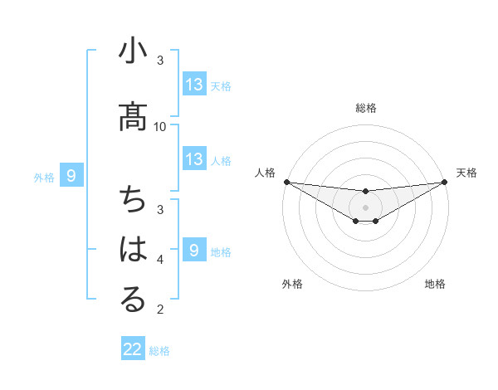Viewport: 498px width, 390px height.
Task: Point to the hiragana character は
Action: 134,250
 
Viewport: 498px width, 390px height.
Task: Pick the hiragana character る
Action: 134,300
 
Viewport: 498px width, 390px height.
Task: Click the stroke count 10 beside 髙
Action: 160,126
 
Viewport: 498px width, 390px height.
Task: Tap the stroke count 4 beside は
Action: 160,260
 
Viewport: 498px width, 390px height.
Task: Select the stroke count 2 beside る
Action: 160,310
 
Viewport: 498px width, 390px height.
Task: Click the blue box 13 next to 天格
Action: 194,85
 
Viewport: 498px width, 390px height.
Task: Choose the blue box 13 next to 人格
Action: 194,159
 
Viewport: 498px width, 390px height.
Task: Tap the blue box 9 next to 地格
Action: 194,251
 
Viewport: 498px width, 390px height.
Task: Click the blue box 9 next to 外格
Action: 71,176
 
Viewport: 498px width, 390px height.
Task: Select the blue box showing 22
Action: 133,349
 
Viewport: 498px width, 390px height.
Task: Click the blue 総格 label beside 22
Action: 160,351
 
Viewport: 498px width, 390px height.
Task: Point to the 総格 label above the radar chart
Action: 365,108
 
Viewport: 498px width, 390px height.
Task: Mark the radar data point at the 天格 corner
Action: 445,182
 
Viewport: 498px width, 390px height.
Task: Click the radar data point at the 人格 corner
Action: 286,182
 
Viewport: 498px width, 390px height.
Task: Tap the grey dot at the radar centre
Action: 365,207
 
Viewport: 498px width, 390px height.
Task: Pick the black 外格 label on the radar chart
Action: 292,284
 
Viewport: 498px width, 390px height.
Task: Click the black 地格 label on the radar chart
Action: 435,284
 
